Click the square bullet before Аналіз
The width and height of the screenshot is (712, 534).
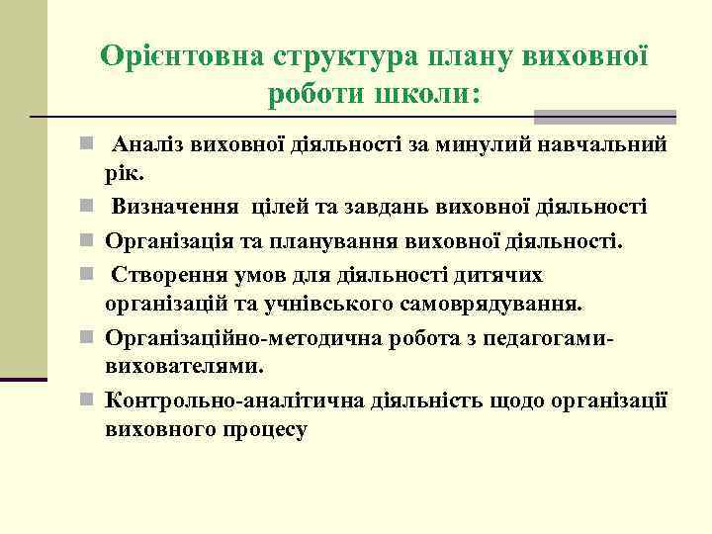point(86,144)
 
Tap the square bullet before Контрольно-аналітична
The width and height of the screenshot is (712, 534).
point(86,400)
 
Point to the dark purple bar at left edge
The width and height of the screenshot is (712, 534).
point(24,380)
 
